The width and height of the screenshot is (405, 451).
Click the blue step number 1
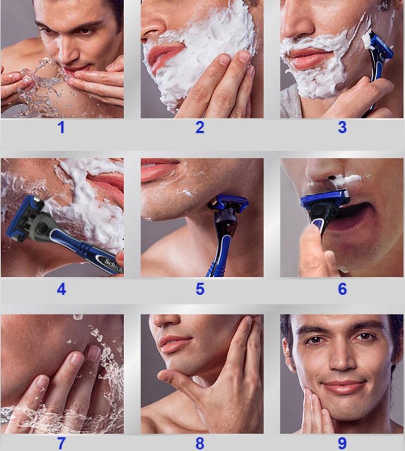click(62, 128)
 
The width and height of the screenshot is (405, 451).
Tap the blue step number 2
click(200, 128)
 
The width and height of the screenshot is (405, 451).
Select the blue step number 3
click(342, 128)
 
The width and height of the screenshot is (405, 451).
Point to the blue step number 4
click(62, 289)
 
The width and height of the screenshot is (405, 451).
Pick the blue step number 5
click(200, 289)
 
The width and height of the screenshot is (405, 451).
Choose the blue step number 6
click(342, 289)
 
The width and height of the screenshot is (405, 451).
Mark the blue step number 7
click(62, 444)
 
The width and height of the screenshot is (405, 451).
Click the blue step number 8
click(200, 444)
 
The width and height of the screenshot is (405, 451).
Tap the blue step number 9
click(342, 444)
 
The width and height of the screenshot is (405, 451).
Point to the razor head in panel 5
click(229, 204)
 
